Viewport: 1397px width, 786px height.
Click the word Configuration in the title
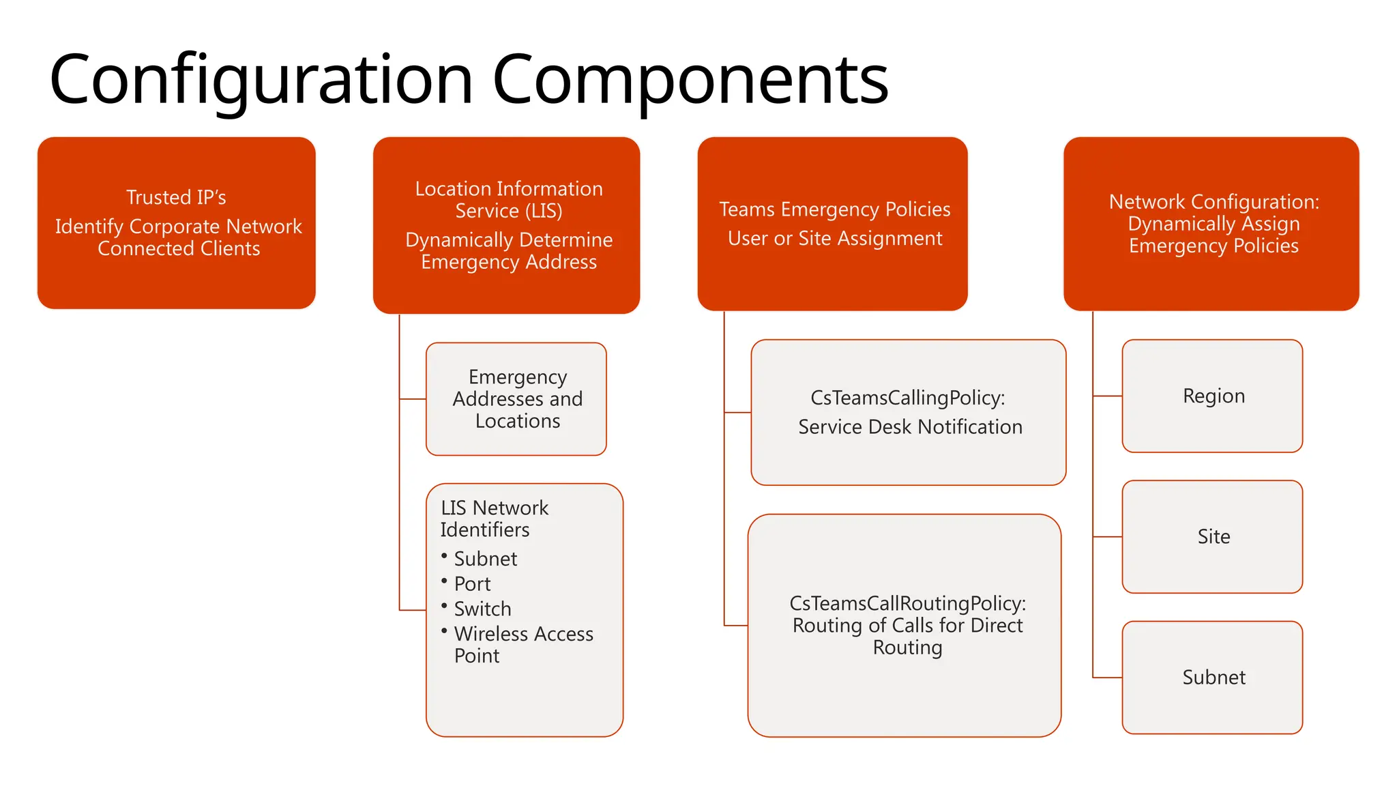click(x=261, y=80)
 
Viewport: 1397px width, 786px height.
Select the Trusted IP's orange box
click(x=176, y=223)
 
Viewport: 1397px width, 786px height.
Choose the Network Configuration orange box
click(x=1211, y=224)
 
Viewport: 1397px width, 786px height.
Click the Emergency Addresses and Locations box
click(x=516, y=399)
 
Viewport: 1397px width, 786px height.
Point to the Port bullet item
click(x=472, y=584)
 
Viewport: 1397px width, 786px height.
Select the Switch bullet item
click(x=482, y=609)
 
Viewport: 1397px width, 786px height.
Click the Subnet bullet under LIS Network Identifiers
click(x=485, y=559)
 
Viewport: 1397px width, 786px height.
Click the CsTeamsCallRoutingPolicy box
click(x=905, y=625)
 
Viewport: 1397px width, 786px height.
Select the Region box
click(x=1212, y=396)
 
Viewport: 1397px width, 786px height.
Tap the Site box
click(x=1212, y=537)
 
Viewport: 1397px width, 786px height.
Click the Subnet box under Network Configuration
click(x=1212, y=678)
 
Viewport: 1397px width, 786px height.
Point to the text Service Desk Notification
click(x=910, y=427)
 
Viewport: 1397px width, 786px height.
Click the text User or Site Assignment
click(x=834, y=239)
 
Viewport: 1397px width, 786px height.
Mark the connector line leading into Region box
click(x=1108, y=396)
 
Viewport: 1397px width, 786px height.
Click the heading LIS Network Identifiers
click(x=494, y=519)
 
